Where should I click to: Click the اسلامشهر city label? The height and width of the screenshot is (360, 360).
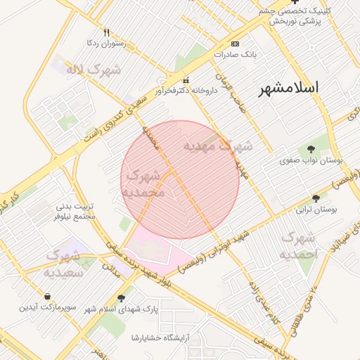coord(288,88)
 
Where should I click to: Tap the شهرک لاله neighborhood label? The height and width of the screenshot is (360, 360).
coord(94,70)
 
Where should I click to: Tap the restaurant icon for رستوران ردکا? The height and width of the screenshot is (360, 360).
coord(107,32)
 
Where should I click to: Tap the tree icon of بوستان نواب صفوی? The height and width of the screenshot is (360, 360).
coord(311,148)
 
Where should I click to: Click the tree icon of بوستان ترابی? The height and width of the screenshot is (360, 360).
coord(316,198)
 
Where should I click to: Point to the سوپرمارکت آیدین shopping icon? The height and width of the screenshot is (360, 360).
coord(46,295)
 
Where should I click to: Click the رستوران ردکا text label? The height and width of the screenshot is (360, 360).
coord(104,44)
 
